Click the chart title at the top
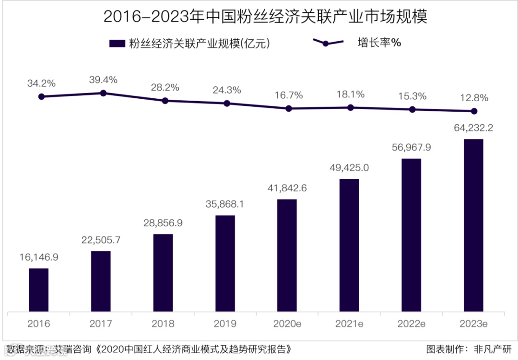click(x=265, y=18)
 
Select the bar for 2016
click(x=38, y=290)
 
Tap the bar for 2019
click(x=225, y=264)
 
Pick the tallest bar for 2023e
click(x=473, y=225)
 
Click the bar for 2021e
click(x=349, y=245)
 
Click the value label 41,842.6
click(x=287, y=188)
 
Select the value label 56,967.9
click(x=411, y=148)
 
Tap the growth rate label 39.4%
click(x=103, y=80)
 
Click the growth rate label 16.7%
click(x=289, y=95)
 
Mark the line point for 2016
click(x=41, y=96)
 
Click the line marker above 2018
click(x=165, y=101)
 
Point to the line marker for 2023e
click(x=474, y=111)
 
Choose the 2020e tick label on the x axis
click(x=287, y=324)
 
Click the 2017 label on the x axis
click(x=101, y=324)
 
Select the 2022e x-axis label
click(x=411, y=324)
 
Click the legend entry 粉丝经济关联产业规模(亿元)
click(x=191, y=44)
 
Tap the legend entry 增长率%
click(x=357, y=43)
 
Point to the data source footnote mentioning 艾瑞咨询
click(x=149, y=348)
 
